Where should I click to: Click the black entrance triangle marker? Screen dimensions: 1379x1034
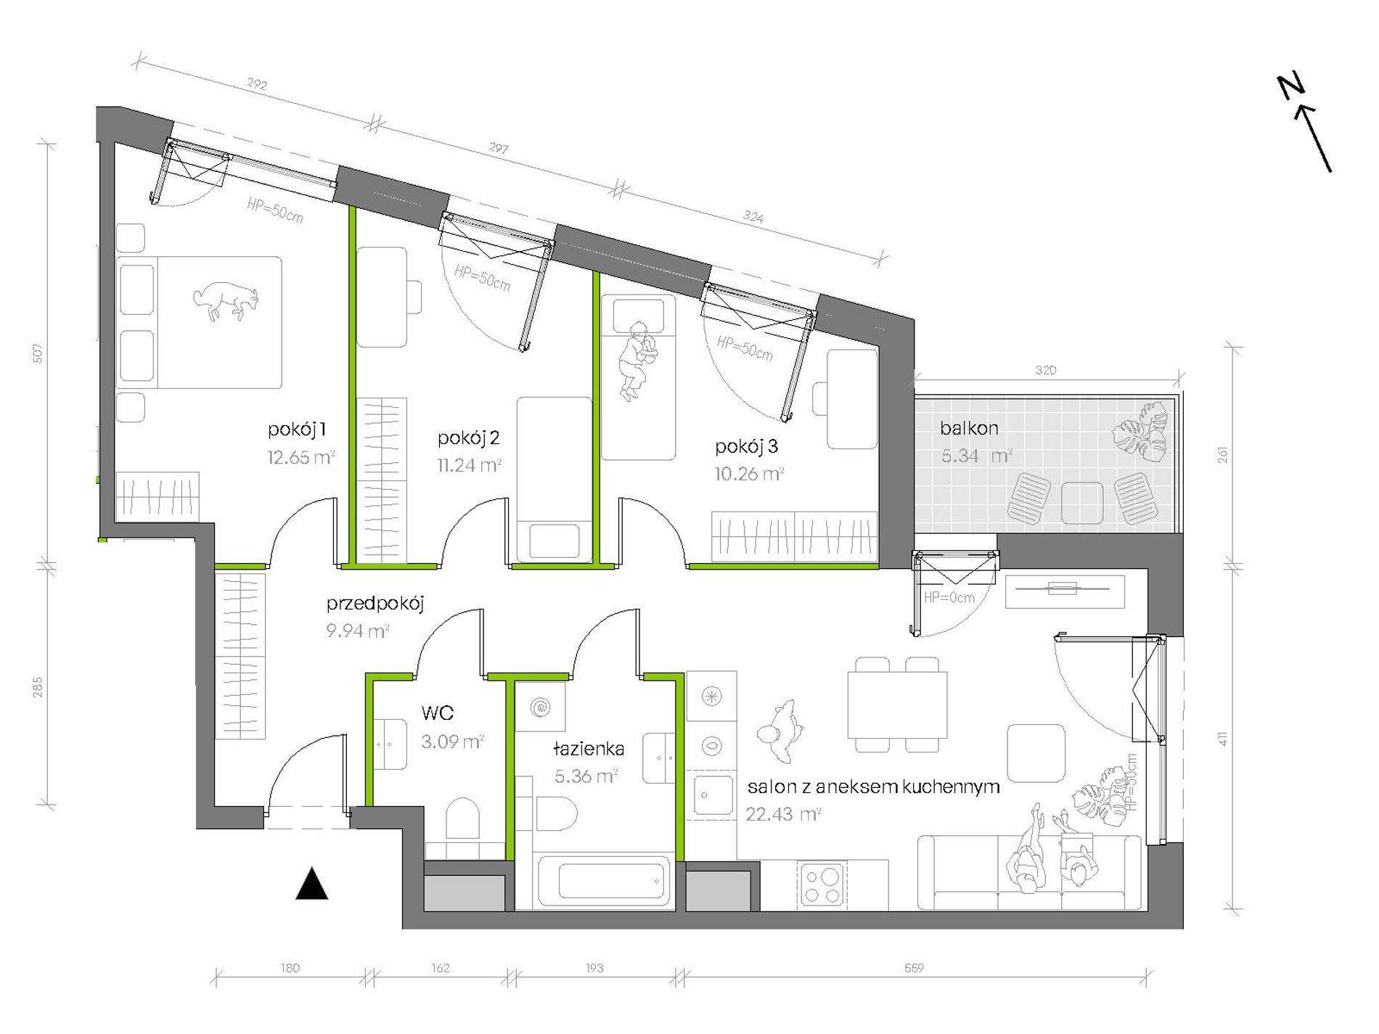pyautogui.click(x=312, y=884)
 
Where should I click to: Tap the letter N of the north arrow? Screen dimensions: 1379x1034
pyautogui.click(x=1291, y=87)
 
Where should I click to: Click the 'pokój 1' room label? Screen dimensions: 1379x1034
pyautogui.click(x=297, y=430)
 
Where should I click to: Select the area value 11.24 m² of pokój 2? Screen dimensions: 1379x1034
pyautogui.click(x=469, y=465)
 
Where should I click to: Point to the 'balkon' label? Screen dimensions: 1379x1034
pyautogui.click(x=969, y=428)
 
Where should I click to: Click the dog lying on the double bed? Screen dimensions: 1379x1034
pyautogui.click(x=226, y=300)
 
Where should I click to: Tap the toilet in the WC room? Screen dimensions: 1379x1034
pyautogui.click(x=462, y=818)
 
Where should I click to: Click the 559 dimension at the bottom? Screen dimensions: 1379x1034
pyautogui.click(x=914, y=968)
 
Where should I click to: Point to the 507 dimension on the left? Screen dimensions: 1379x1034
pyautogui.click(x=38, y=353)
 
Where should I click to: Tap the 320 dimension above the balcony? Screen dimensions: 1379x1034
pyautogui.click(x=1045, y=370)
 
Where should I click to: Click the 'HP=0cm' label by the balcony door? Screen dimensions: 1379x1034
pyautogui.click(x=949, y=598)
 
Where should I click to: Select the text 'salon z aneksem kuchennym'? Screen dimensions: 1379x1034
pyautogui.click(x=873, y=787)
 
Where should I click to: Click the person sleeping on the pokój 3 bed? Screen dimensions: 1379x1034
pyautogui.click(x=637, y=360)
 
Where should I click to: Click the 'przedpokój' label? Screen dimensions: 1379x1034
pyautogui.click(x=375, y=604)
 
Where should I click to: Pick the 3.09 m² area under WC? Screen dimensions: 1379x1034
pyautogui.click(x=452, y=742)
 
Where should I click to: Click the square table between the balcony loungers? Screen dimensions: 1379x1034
pyautogui.click(x=1081, y=502)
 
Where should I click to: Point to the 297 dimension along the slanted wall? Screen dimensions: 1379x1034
pyautogui.click(x=498, y=148)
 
